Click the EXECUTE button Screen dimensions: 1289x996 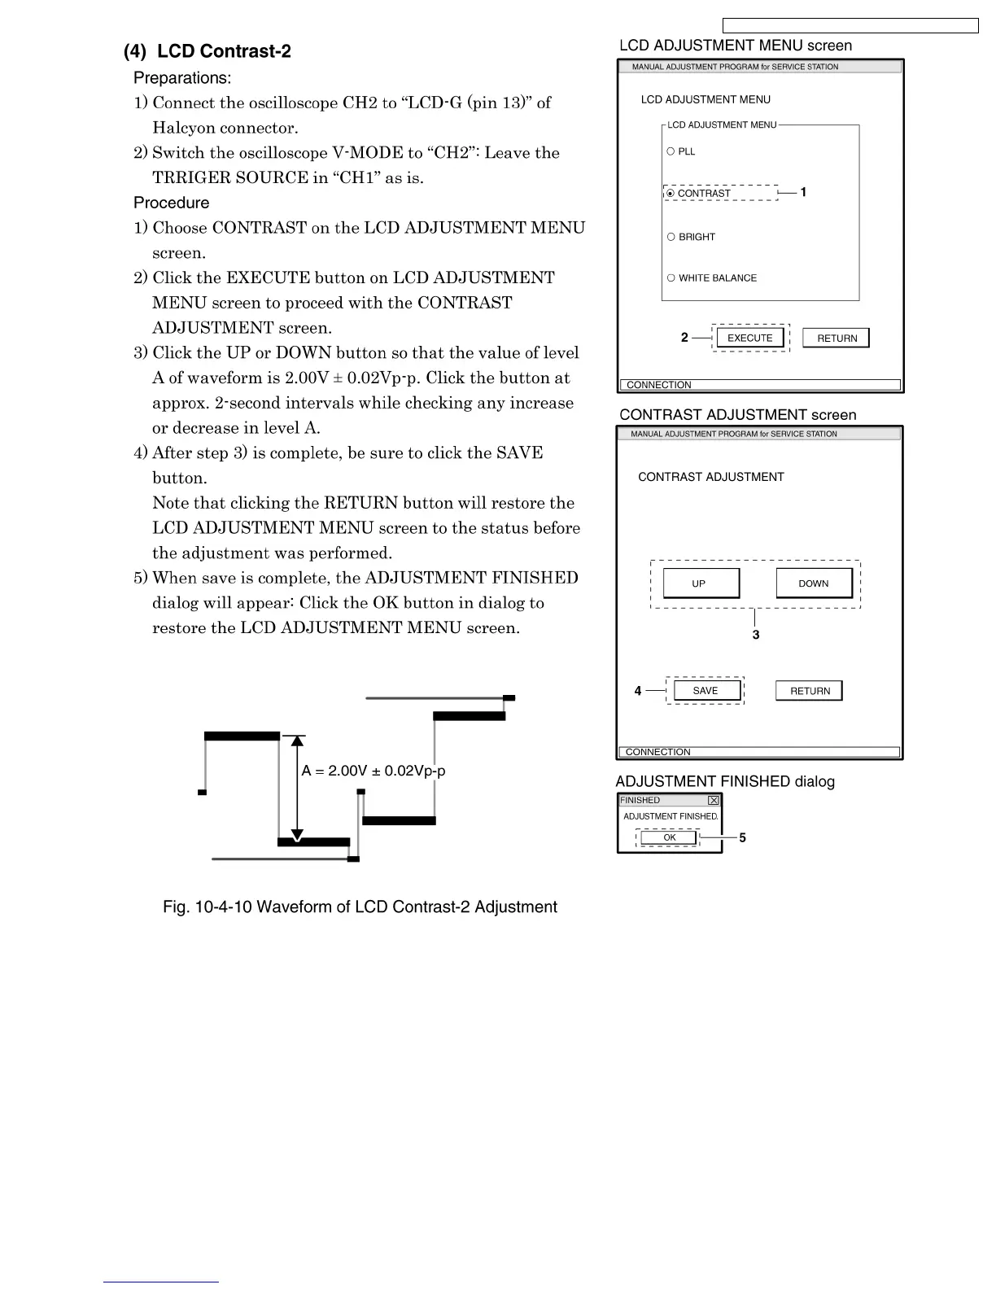tap(749, 338)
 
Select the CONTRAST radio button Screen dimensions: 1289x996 tap(671, 194)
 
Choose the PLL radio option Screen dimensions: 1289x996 tap(671, 151)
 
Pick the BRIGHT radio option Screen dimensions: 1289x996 tap(671, 237)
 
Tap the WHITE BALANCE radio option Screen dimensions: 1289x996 tap(671, 277)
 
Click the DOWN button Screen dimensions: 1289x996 tap(813, 583)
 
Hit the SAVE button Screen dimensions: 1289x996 tap(705, 691)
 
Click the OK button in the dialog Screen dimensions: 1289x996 tap(669, 837)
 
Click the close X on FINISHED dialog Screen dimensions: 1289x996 tap(714, 801)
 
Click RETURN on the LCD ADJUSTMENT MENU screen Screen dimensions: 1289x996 tap(836, 338)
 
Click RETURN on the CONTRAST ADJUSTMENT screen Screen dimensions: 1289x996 tap(810, 691)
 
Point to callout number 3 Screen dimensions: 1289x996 tap(756, 635)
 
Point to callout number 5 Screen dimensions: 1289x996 tap(742, 837)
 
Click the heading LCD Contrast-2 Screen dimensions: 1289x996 tap(207, 51)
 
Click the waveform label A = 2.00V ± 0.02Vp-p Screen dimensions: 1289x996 tap(373, 771)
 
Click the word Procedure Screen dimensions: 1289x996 tap(171, 203)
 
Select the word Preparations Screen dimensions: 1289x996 tap(182, 78)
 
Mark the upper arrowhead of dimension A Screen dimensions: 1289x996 tap(297, 741)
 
